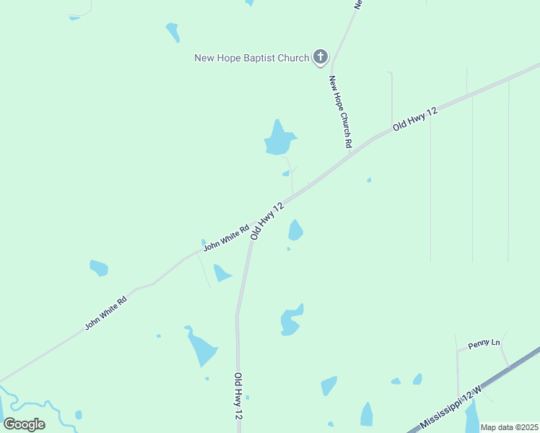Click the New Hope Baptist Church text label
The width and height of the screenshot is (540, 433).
[251, 58]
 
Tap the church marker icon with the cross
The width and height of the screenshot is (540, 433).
[320, 57]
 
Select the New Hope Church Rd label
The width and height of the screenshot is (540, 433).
[340, 112]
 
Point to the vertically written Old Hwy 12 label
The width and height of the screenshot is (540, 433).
[238, 396]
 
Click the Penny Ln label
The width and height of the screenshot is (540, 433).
[484, 344]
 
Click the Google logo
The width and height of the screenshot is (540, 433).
[24, 424]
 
